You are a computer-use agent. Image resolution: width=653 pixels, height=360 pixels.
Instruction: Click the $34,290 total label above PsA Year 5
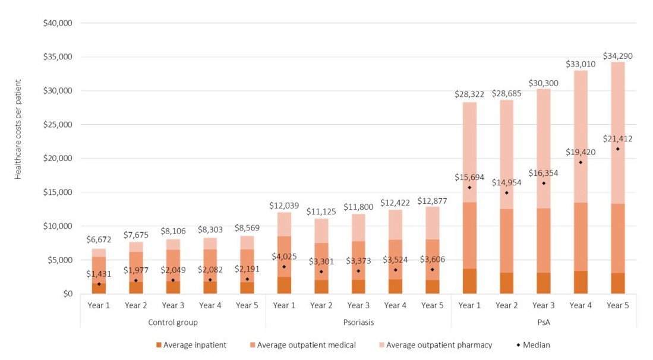(x=618, y=56)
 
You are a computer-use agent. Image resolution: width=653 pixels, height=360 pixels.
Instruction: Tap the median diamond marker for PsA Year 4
(x=581, y=162)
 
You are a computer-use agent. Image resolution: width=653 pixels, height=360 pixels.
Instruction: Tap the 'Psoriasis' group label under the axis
(x=358, y=322)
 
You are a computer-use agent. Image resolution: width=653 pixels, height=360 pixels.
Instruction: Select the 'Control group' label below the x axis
(x=172, y=322)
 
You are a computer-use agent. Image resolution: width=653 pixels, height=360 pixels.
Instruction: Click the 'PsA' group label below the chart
(x=544, y=322)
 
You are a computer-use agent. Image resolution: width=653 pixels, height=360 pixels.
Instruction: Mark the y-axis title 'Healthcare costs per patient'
(x=18, y=129)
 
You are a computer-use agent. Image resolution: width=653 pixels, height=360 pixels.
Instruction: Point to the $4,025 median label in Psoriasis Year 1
(x=284, y=257)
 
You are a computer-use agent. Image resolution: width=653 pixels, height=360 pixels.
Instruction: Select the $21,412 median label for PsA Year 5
(x=618, y=139)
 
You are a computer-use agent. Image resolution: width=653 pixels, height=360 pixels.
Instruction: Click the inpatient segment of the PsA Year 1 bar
(x=469, y=282)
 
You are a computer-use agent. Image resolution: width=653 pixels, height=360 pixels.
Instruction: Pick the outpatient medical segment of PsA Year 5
(x=618, y=238)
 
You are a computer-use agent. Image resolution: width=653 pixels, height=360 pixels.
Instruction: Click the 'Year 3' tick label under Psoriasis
(x=358, y=306)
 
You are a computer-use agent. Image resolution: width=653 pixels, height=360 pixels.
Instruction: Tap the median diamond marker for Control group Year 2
(x=135, y=280)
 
